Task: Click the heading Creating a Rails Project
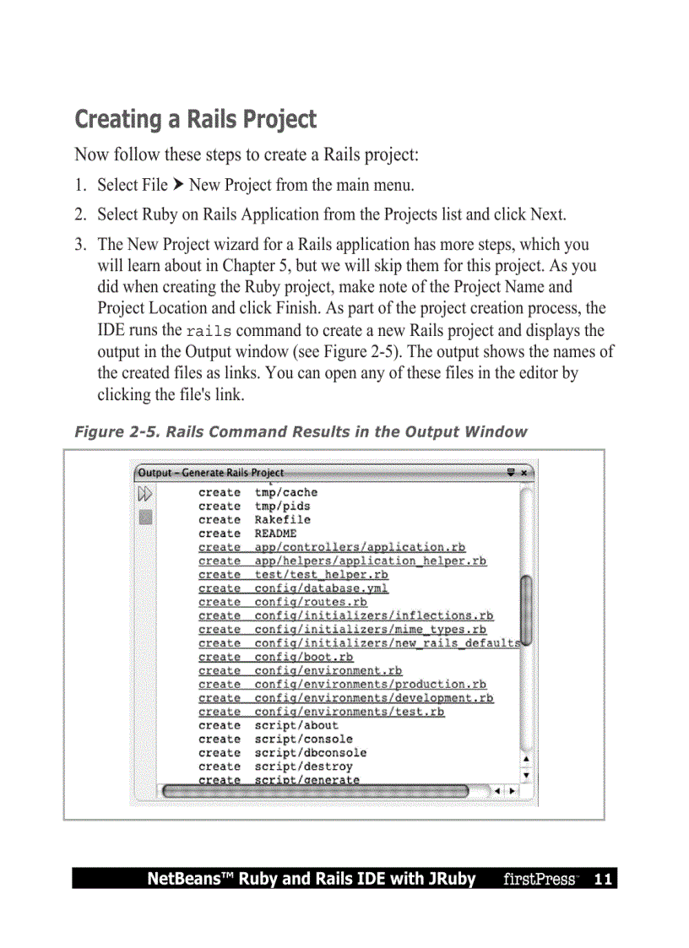195,119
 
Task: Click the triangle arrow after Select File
178,184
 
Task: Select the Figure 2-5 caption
301,432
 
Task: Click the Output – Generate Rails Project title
211,473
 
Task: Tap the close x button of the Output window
524,473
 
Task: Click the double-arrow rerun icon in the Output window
145,493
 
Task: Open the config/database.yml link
321,588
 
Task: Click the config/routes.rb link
311,602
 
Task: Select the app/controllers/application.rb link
360,547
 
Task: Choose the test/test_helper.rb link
321,575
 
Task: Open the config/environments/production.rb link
370,684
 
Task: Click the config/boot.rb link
304,657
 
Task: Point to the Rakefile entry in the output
282,520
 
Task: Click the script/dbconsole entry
310,752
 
